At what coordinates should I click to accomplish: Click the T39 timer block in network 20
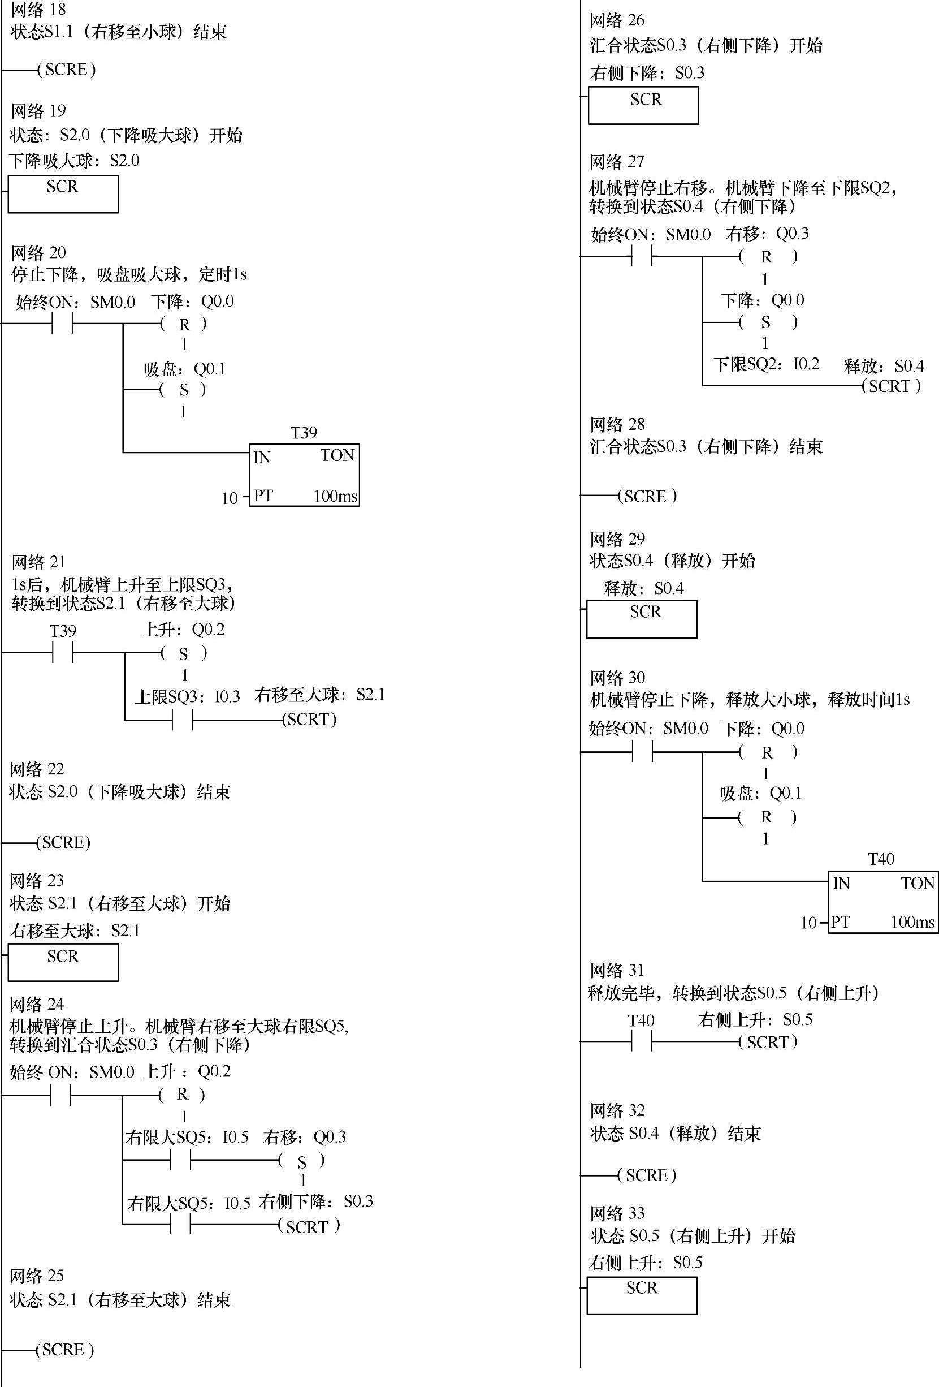pos(304,475)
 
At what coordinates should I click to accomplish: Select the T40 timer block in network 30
pos(882,902)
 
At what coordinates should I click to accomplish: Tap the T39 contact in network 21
pos(63,653)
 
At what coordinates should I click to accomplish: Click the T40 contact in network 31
pos(641,1042)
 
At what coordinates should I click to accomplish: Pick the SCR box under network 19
pos(63,193)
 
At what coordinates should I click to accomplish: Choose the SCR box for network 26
pos(643,105)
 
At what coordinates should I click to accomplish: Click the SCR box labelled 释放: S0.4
pos(642,619)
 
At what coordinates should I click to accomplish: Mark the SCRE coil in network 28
pos(647,496)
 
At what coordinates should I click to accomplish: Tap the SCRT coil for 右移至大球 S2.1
pos(309,719)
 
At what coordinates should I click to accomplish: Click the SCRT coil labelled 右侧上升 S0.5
pos(768,1042)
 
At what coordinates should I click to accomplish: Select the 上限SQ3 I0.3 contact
pos(182,720)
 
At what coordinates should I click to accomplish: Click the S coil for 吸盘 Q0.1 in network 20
pos(184,390)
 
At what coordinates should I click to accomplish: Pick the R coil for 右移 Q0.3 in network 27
pos(767,257)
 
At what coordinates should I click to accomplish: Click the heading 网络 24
pos(36,1004)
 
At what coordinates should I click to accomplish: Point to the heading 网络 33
pos(617,1213)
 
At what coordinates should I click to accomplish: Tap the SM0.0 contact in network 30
pos(642,752)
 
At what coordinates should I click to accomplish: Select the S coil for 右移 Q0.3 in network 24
pos(302,1160)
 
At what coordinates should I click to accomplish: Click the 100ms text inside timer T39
pos(335,496)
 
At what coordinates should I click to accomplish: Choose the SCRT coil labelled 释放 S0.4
pos(892,386)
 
